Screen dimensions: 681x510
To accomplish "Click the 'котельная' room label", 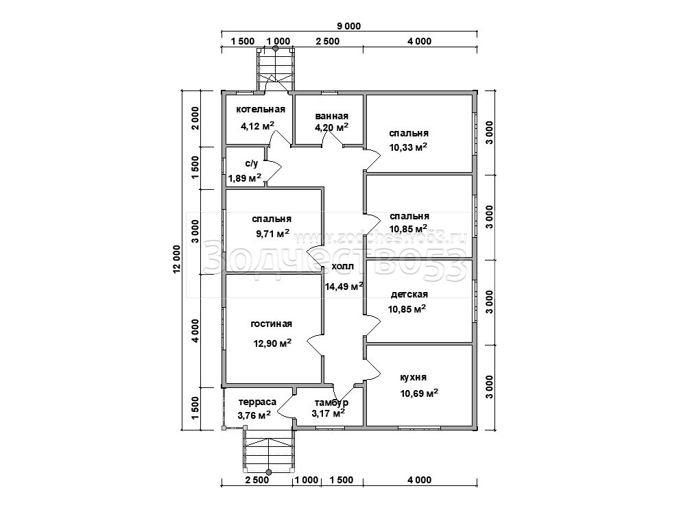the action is coord(261,110).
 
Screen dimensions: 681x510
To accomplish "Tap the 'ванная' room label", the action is coord(332,116).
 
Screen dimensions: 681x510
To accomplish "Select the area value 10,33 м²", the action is coord(408,147).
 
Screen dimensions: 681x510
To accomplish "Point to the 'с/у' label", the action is coord(252,164).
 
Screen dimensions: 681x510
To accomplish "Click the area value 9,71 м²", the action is coord(273,234).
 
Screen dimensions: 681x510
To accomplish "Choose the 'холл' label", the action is coord(343,267).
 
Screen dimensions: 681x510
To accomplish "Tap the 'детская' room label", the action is coord(409,294).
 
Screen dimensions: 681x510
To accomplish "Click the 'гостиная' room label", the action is coord(272,324).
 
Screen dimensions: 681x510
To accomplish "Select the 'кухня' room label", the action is coord(413,377).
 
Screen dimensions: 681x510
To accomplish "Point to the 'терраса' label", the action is coord(257,402).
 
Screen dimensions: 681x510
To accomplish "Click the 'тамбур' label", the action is coord(331,402).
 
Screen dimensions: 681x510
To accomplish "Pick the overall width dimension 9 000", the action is coord(349,26).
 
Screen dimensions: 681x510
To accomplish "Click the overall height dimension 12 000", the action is coord(176,260).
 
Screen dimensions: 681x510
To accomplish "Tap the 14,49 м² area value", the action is coord(344,286).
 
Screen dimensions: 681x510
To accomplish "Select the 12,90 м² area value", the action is coord(272,343).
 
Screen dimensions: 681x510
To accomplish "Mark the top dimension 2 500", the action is coord(328,41).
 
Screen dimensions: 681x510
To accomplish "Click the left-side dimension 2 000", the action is coord(195,118).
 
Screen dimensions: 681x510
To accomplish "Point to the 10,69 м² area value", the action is coord(418,393).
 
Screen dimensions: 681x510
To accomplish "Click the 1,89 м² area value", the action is coord(245,178).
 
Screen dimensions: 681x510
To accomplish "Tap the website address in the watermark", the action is coord(381,237).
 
